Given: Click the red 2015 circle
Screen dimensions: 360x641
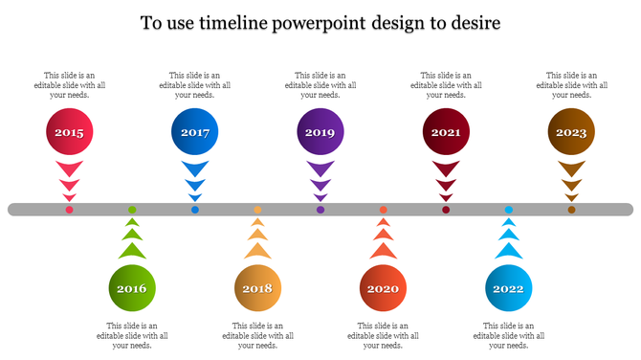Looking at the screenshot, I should click(x=69, y=133).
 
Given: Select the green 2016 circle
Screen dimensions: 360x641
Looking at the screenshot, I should click(x=132, y=287).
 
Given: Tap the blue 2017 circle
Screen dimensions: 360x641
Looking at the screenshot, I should click(x=195, y=133).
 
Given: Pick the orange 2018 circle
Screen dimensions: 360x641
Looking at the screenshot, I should click(x=257, y=287).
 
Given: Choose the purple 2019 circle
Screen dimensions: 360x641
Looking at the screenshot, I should click(x=320, y=133).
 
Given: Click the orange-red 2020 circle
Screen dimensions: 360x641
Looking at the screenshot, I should click(x=383, y=287).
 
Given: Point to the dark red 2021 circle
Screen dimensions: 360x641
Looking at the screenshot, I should click(x=446, y=133).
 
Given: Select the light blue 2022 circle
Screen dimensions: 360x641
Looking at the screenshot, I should click(x=509, y=287).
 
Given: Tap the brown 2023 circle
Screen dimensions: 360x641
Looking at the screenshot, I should click(x=571, y=133).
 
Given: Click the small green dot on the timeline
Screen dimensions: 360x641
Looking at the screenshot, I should click(x=132, y=210).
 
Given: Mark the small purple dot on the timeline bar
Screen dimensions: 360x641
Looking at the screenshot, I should click(x=320, y=210).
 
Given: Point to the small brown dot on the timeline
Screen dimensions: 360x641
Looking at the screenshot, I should click(x=571, y=210).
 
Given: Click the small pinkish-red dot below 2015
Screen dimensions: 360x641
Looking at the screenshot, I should click(x=69, y=210).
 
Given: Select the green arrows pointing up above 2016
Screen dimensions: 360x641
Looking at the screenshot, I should click(x=132, y=239).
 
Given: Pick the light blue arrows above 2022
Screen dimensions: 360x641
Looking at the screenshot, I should click(x=509, y=239).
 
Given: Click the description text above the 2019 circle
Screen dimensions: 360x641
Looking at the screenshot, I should click(x=320, y=84).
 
